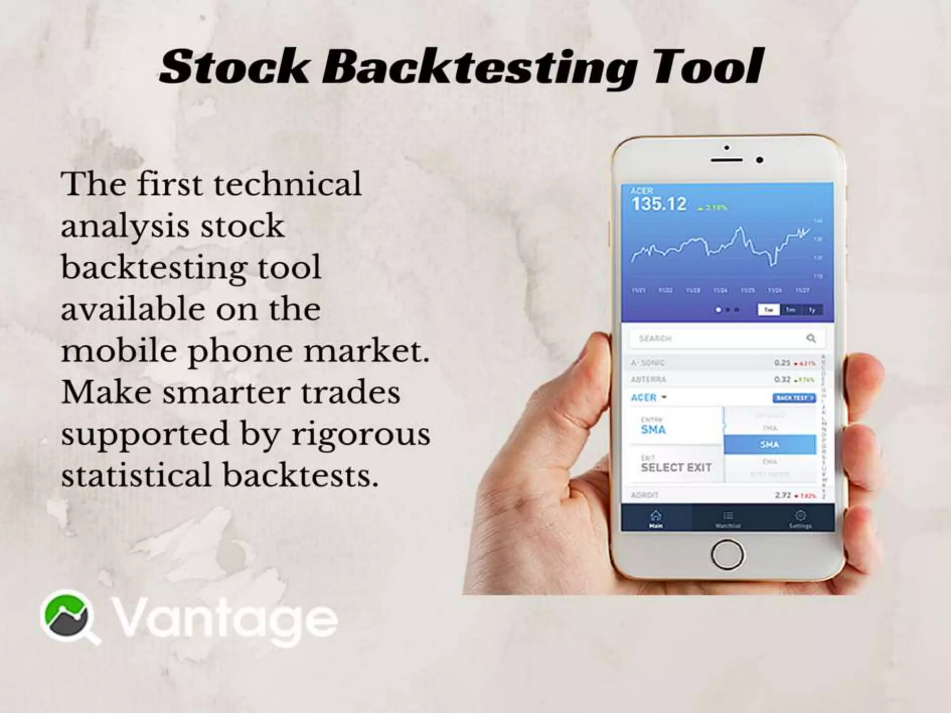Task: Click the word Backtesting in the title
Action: (x=478, y=68)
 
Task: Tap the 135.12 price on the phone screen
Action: (x=659, y=204)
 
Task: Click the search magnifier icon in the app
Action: (x=811, y=338)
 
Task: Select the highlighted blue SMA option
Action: (x=769, y=445)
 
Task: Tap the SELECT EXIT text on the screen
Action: (x=676, y=467)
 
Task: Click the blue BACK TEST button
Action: (x=794, y=398)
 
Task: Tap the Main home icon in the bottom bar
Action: (x=656, y=518)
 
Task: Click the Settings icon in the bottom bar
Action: (x=800, y=518)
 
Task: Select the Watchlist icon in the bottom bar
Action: (x=728, y=518)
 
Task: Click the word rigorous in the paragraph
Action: (x=361, y=434)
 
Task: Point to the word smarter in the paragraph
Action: (x=227, y=393)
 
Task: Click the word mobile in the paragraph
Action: (x=119, y=351)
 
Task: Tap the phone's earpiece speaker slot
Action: (x=727, y=160)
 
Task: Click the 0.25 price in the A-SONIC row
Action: (x=782, y=363)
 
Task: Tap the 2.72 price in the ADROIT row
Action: (x=782, y=495)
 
